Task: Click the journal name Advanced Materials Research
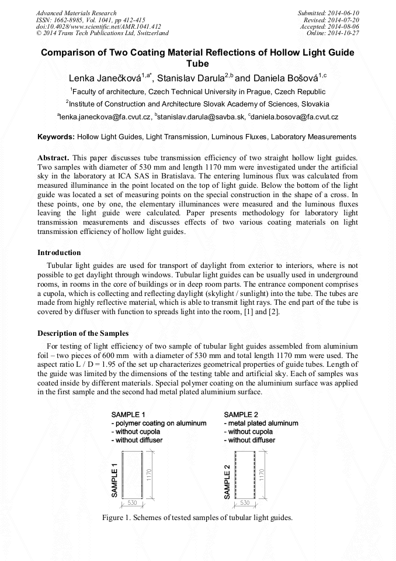pos(76,13)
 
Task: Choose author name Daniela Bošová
pos(286,78)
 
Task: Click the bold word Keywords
pos(55,137)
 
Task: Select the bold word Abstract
pos(54,159)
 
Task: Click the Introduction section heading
pos(59,253)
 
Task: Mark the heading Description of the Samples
pos(83,333)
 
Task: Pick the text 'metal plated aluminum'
pos(263,423)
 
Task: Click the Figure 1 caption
pos(197,518)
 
